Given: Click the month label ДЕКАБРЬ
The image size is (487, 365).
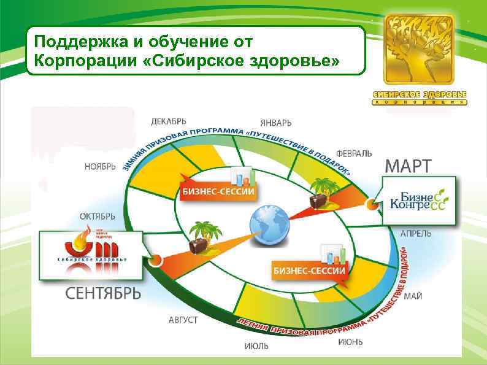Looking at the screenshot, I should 169,121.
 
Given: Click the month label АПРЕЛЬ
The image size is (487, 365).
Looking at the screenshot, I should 415,234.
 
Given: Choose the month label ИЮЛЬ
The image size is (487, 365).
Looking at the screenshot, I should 256,346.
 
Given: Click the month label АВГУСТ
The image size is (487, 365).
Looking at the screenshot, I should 183,320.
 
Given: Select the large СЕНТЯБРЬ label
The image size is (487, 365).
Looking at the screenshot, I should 103,294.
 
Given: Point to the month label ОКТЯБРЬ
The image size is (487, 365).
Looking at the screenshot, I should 98,216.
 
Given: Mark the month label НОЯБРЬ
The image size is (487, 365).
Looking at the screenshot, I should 99,166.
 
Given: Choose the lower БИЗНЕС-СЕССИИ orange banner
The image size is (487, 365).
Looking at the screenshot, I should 309,270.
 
